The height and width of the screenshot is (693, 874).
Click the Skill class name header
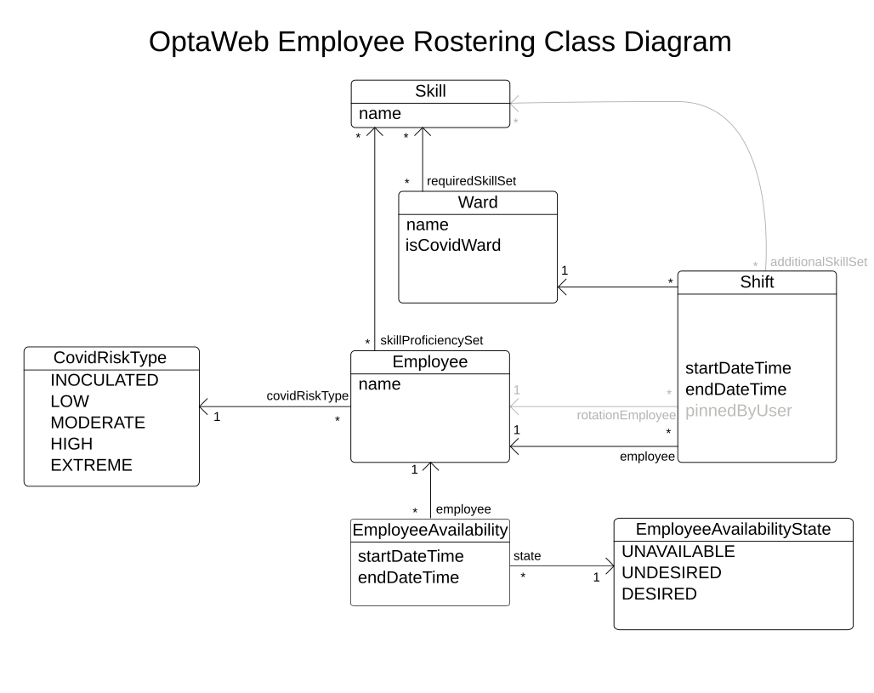tap(430, 92)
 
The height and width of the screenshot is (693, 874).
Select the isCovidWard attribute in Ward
tap(453, 246)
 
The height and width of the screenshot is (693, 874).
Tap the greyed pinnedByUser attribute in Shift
tap(738, 411)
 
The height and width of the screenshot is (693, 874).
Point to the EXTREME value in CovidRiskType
tap(91, 465)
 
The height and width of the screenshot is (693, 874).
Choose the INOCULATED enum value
tap(104, 380)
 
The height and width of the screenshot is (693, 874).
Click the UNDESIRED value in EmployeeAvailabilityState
tap(671, 572)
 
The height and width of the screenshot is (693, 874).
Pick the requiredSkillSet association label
tap(471, 181)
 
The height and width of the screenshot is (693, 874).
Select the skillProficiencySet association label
tap(431, 340)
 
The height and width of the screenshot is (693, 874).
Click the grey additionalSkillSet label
tap(818, 262)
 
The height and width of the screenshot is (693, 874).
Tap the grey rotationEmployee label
tap(626, 415)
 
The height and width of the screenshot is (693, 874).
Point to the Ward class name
tap(477, 202)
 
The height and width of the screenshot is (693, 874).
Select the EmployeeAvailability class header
tap(429, 530)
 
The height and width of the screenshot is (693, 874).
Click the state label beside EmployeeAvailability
tap(526, 556)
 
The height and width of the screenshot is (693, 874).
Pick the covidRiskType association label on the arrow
tap(307, 395)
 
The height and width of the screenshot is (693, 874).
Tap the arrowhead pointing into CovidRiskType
tap(205, 406)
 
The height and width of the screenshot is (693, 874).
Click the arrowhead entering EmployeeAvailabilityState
tap(608, 565)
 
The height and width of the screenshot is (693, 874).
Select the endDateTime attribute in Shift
tap(735, 389)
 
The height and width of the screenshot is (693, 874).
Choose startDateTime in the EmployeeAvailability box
tap(410, 556)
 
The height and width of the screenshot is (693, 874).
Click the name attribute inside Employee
tap(379, 384)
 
